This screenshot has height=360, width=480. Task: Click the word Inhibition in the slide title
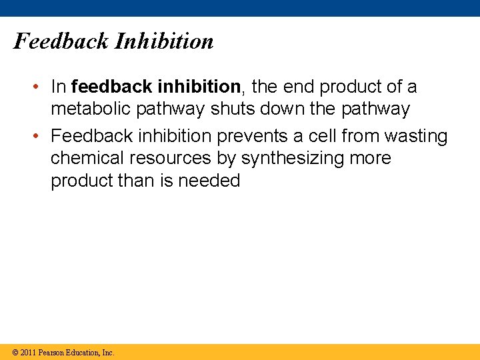point(164,41)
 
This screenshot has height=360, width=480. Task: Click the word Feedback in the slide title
point(61,41)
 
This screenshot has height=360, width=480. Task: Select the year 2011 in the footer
point(28,353)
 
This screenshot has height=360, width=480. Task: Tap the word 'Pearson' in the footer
point(51,353)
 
